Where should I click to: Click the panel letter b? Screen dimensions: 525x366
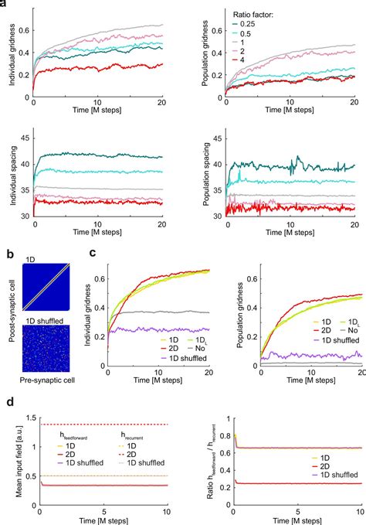click(4, 251)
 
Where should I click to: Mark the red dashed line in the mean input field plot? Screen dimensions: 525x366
click(100, 424)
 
